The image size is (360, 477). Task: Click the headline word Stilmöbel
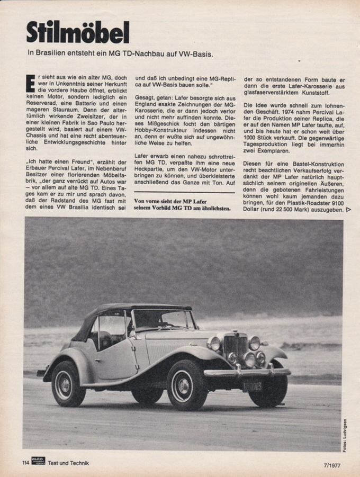78,32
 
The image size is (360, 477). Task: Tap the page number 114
25,463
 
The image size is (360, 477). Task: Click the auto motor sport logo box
38,461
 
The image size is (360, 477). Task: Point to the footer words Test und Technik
68,463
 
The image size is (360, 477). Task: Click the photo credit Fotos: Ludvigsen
345,435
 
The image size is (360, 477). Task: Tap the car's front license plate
253,386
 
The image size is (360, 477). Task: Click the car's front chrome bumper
246,373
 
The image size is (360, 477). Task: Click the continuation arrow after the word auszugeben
348,210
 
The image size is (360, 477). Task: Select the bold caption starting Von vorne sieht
183,205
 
